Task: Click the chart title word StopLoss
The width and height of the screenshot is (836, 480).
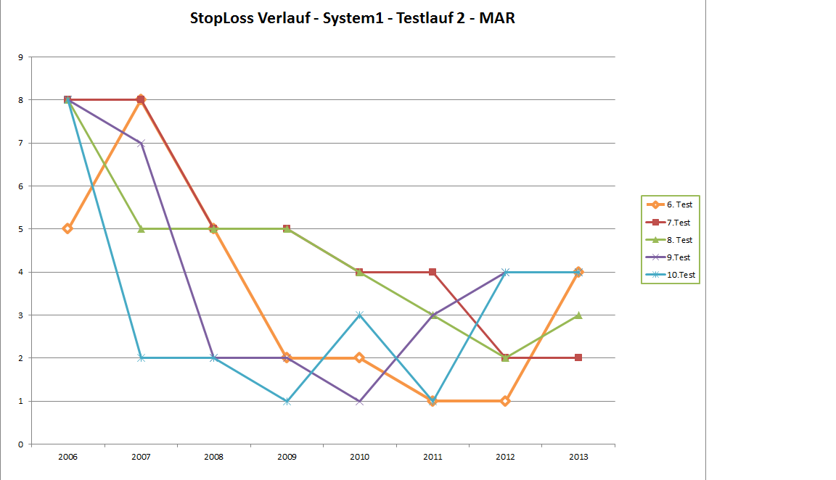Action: pos(221,19)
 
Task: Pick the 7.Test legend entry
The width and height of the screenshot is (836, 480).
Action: pos(678,223)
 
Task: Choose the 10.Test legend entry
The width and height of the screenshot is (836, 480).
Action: pos(680,275)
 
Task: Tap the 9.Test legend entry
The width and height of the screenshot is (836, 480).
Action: pos(678,257)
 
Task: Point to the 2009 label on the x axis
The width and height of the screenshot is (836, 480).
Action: pos(287,457)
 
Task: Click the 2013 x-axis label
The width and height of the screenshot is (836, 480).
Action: pos(578,457)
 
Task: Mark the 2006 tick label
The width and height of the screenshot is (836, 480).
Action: pos(68,457)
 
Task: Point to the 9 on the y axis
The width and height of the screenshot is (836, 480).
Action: pos(20,57)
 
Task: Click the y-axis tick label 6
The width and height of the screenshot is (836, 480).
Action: pos(20,186)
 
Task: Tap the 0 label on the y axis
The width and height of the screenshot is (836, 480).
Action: pos(20,444)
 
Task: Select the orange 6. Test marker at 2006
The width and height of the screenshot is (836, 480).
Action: pos(67,228)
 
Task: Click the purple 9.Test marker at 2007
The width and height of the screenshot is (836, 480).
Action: pos(142,143)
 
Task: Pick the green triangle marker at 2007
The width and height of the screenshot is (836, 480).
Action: pos(142,228)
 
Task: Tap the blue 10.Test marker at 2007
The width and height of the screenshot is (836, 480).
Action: pos(142,358)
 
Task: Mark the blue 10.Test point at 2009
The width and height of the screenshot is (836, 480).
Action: pos(287,401)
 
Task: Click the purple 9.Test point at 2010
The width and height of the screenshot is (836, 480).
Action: pos(360,401)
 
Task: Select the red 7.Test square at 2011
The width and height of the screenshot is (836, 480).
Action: pos(433,272)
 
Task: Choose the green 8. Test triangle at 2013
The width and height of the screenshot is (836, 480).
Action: pos(578,315)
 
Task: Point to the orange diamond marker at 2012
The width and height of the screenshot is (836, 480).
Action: pos(505,401)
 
